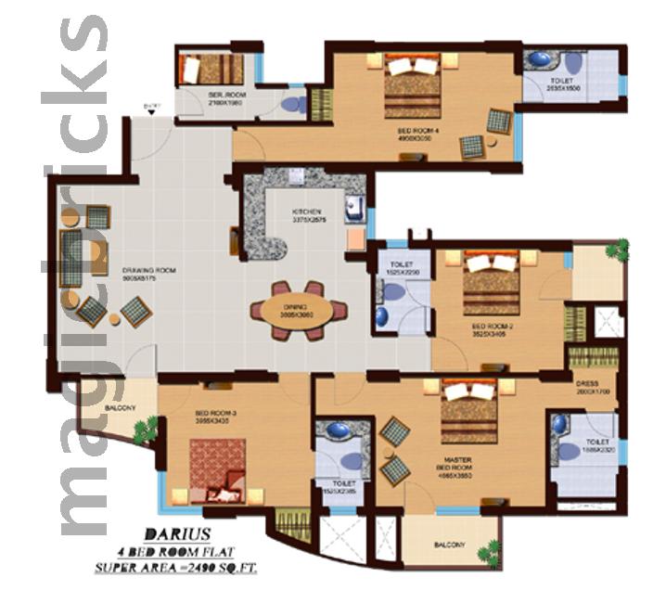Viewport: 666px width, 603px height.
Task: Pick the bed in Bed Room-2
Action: (x=491, y=283)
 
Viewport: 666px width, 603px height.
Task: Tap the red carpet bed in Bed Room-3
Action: (x=222, y=469)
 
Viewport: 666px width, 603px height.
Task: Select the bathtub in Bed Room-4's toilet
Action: (x=539, y=61)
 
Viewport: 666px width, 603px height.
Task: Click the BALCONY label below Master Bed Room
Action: (x=449, y=545)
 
